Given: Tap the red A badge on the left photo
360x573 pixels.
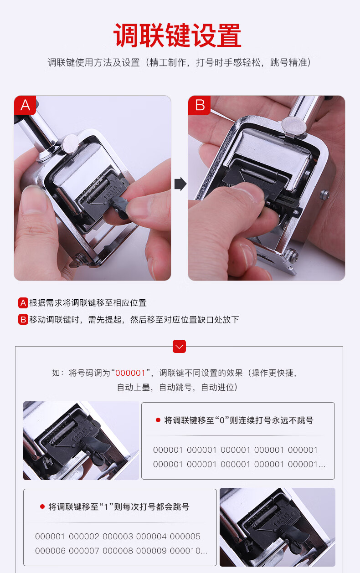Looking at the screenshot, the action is point(25,105).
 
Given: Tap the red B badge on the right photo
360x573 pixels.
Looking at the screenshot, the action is point(199,105).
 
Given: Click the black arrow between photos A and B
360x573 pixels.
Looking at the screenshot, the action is point(180,184).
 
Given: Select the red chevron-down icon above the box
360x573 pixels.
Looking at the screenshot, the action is point(179,346).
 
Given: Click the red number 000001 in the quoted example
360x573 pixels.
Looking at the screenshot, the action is point(130,373).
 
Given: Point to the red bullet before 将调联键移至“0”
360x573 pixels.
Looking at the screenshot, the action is point(158,420).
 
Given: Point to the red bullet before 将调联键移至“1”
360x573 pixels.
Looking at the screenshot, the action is point(42,506).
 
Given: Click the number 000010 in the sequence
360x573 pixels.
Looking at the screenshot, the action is point(185,551).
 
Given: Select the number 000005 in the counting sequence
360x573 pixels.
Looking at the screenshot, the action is point(185,536).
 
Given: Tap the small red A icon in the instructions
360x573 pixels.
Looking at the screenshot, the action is point(23,303).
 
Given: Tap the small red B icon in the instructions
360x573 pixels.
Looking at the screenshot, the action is point(23,319).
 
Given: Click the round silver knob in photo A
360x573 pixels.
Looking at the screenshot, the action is point(70,143).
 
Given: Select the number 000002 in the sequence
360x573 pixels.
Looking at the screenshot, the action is point(84,536).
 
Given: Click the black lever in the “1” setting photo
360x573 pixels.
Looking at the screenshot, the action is point(295,537).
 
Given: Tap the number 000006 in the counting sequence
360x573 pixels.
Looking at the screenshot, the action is point(50,551).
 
